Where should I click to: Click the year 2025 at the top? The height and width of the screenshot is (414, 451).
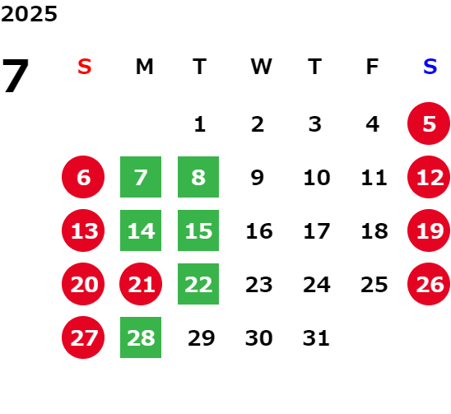[29, 14]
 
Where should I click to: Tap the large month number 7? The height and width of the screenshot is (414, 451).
[16, 76]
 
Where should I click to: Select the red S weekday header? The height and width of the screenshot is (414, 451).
[85, 67]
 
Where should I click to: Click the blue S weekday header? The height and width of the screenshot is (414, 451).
[430, 67]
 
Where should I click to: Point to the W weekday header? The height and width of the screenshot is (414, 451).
[261, 67]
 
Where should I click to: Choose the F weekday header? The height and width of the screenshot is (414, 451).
[373, 67]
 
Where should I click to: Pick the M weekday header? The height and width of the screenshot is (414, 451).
[144, 67]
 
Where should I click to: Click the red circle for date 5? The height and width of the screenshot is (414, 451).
[429, 123]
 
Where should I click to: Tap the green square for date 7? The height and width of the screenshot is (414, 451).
[141, 177]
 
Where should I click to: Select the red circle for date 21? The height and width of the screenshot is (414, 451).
[141, 284]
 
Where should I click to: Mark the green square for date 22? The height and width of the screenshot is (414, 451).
[198, 284]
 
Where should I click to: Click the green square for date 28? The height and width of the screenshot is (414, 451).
[141, 337]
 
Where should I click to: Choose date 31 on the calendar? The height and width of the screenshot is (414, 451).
[316, 337]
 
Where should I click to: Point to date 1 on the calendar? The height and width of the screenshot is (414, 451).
[200, 124]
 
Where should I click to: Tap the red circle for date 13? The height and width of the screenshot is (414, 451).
[83, 230]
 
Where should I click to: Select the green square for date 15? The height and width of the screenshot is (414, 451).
[198, 230]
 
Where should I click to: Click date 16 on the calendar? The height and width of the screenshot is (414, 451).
[259, 230]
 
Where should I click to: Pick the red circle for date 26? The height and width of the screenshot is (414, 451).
[429, 284]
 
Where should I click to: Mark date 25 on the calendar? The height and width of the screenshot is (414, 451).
[374, 285]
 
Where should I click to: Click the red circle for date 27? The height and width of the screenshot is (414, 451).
[83, 337]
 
